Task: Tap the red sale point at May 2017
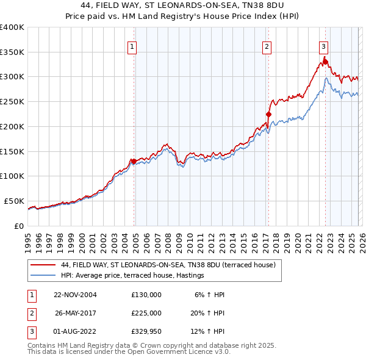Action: coord(268,113)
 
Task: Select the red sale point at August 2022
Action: coord(325,61)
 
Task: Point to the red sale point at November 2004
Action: coord(134,161)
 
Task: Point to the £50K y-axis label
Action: coord(14,201)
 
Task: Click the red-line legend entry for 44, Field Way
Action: coord(168,265)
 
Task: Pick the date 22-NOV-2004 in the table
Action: coord(76,294)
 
